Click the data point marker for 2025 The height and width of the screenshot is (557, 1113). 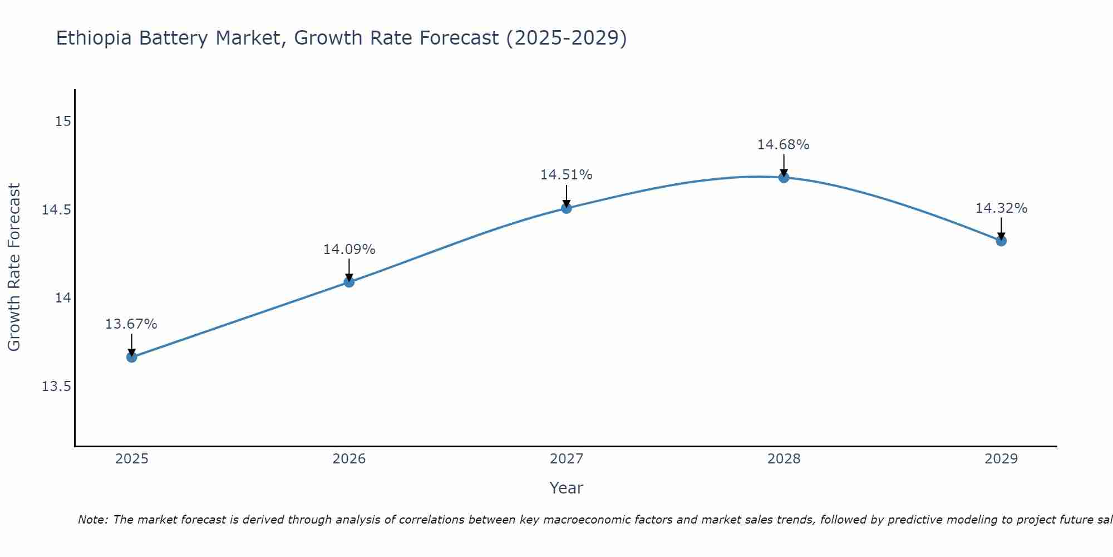(131, 357)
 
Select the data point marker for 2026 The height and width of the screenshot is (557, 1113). (349, 282)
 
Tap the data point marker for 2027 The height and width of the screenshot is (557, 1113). (567, 208)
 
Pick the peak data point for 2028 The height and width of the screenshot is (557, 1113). (784, 178)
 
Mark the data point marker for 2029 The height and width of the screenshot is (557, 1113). (1001, 241)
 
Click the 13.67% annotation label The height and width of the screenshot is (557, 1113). (131, 324)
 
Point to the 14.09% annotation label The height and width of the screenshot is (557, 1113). (349, 250)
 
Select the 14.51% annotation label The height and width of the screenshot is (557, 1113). (566, 175)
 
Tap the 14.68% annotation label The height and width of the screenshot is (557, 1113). (783, 145)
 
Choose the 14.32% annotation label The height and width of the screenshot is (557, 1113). (1001, 208)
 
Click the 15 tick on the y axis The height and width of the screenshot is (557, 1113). (63, 121)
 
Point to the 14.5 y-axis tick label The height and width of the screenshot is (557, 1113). (57, 210)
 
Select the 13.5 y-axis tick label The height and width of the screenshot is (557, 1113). (57, 387)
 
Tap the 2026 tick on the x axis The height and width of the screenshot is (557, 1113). (349, 459)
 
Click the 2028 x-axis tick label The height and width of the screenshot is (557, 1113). (784, 459)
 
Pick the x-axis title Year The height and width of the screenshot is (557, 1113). (566, 488)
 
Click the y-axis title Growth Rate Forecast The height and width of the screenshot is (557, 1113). (14, 267)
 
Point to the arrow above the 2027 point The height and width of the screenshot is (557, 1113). (567, 196)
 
